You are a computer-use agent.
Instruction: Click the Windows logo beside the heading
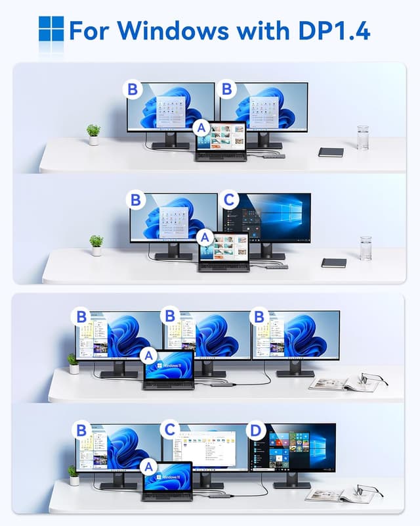pos(51,29)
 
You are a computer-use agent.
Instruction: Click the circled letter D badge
pos(256,431)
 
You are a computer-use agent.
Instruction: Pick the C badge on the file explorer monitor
pos(170,431)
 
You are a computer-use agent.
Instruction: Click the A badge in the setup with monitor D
pos(149,467)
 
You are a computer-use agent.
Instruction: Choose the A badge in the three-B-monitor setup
pos(149,356)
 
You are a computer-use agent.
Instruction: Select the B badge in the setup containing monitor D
pos(81,431)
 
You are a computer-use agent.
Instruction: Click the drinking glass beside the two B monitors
pos(363,138)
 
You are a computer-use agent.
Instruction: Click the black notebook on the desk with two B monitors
pos(331,152)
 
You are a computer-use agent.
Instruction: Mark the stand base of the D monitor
pos(292,485)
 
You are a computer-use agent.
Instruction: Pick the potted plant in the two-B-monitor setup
pos(93,134)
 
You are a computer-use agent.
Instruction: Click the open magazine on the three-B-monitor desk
pos(338,384)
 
